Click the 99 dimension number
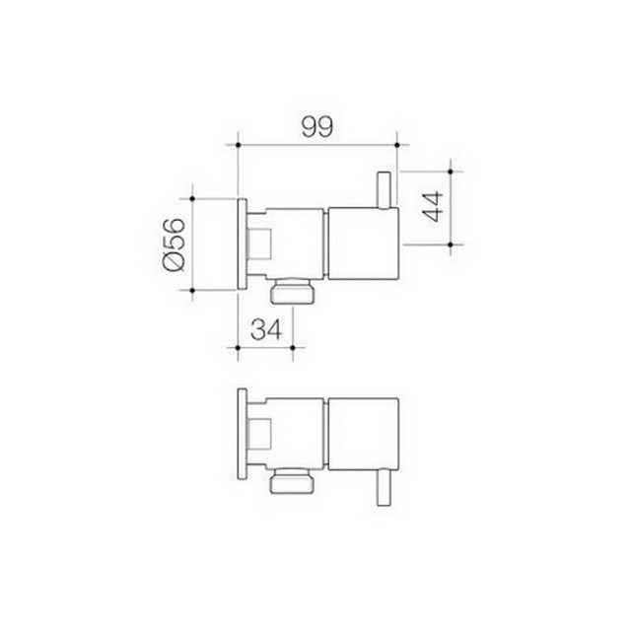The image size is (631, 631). click(x=316, y=126)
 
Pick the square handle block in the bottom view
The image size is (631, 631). click(x=361, y=433)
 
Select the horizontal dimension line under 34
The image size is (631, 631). click(x=266, y=347)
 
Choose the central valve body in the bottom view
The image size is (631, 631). click(x=296, y=433)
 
